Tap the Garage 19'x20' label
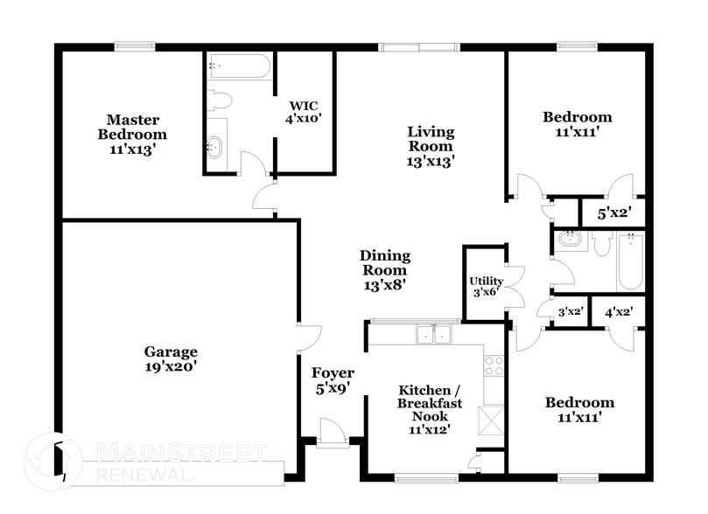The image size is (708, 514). [x=171, y=359]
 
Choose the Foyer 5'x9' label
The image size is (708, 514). [x=333, y=380]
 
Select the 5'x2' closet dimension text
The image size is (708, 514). [x=613, y=212]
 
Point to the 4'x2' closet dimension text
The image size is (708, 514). [x=618, y=311]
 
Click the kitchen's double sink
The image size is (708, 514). [x=434, y=333]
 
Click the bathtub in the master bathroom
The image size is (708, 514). [x=239, y=67]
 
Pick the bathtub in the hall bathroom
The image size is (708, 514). [x=630, y=261]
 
